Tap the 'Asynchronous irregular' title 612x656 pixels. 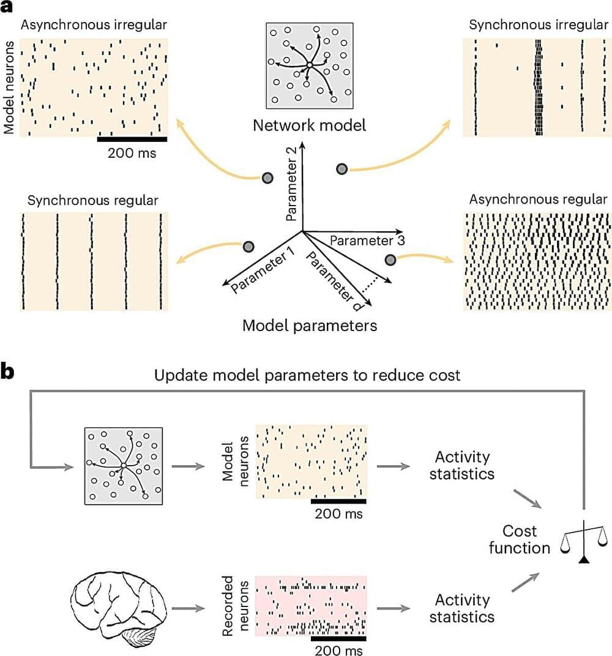[95, 24]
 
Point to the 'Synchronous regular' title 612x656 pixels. [93, 200]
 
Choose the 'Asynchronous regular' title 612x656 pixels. [538, 199]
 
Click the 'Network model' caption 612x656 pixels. [310, 125]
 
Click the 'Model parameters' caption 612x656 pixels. [310, 325]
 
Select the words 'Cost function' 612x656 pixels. [519, 539]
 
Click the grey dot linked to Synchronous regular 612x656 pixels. [248, 247]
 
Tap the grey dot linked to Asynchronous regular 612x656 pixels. [389, 260]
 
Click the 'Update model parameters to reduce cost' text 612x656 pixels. [307, 375]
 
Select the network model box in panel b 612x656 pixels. [124, 466]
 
